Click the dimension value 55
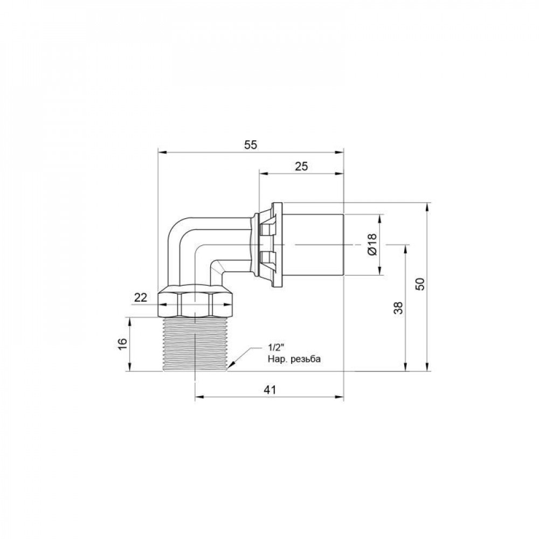(251, 144)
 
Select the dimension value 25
(301, 167)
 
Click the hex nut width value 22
(141, 297)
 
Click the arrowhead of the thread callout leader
(229, 368)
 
